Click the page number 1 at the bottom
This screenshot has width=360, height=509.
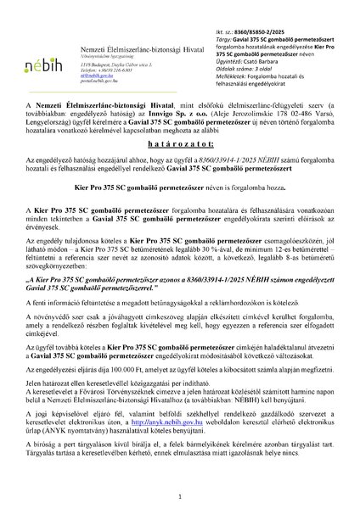[x=180, y=495]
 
